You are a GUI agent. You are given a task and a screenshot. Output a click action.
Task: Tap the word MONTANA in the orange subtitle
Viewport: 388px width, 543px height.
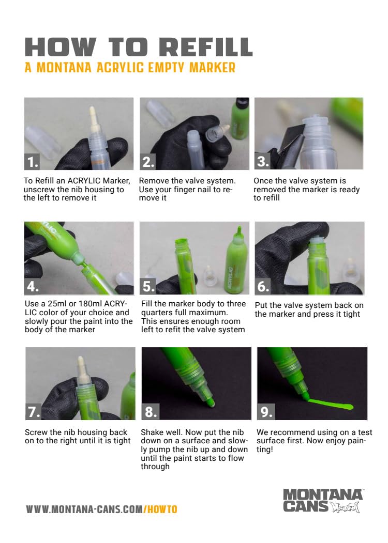[64, 68]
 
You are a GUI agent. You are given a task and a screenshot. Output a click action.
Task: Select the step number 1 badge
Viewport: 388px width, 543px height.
[32, 162]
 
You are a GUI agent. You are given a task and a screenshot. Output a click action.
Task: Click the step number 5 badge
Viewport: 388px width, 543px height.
[148, 286]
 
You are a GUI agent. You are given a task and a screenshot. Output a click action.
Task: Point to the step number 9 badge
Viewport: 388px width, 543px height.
[266, 412]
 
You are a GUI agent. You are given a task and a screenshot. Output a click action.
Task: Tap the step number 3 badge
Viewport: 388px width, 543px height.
[262, 162]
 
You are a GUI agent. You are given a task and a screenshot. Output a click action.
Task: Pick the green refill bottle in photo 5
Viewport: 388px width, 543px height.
[236, 260]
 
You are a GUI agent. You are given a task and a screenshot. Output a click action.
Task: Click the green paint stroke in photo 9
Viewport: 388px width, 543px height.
[330, 405]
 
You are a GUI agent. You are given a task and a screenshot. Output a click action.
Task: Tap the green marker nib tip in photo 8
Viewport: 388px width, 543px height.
[210, 402]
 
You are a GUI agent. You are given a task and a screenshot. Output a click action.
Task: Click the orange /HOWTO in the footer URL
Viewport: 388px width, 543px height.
[160, 509]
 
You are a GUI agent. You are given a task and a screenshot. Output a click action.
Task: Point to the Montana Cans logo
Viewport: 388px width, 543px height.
[322, 501]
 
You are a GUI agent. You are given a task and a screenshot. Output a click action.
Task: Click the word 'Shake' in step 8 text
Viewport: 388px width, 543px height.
[151, 432]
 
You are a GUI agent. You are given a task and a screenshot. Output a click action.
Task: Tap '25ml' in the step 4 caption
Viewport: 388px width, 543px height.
[57, 304]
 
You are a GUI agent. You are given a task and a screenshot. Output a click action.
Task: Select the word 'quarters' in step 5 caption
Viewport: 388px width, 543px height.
[155, 313]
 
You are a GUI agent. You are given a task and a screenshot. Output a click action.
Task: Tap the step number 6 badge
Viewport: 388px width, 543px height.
[263, 286]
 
